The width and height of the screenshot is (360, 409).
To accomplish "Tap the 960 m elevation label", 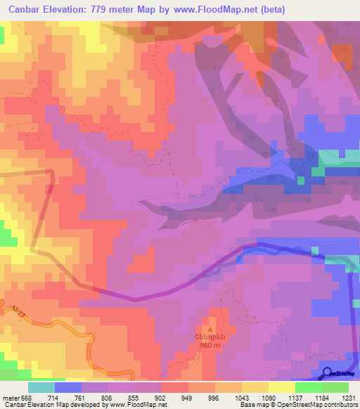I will (x=209, y=346).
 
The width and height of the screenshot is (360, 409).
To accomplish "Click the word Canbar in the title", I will (x=25, y=10).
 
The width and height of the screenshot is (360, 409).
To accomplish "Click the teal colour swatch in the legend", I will (x=41, y=387).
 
